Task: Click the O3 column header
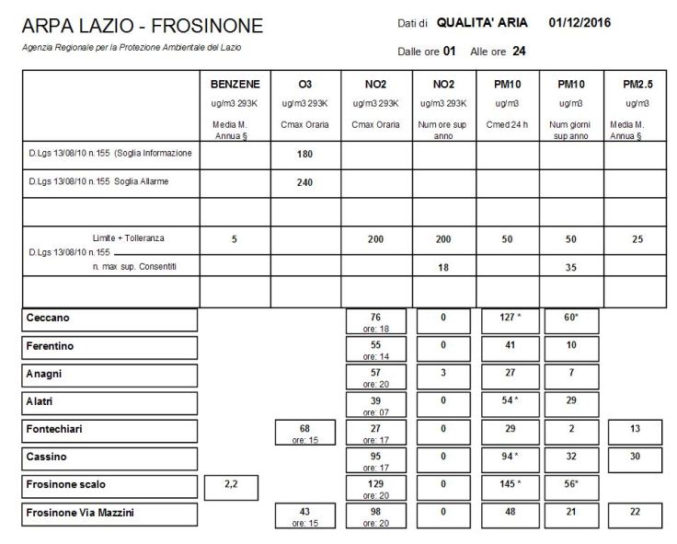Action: tap(304, 83)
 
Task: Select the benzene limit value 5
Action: tap(235, 238)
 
